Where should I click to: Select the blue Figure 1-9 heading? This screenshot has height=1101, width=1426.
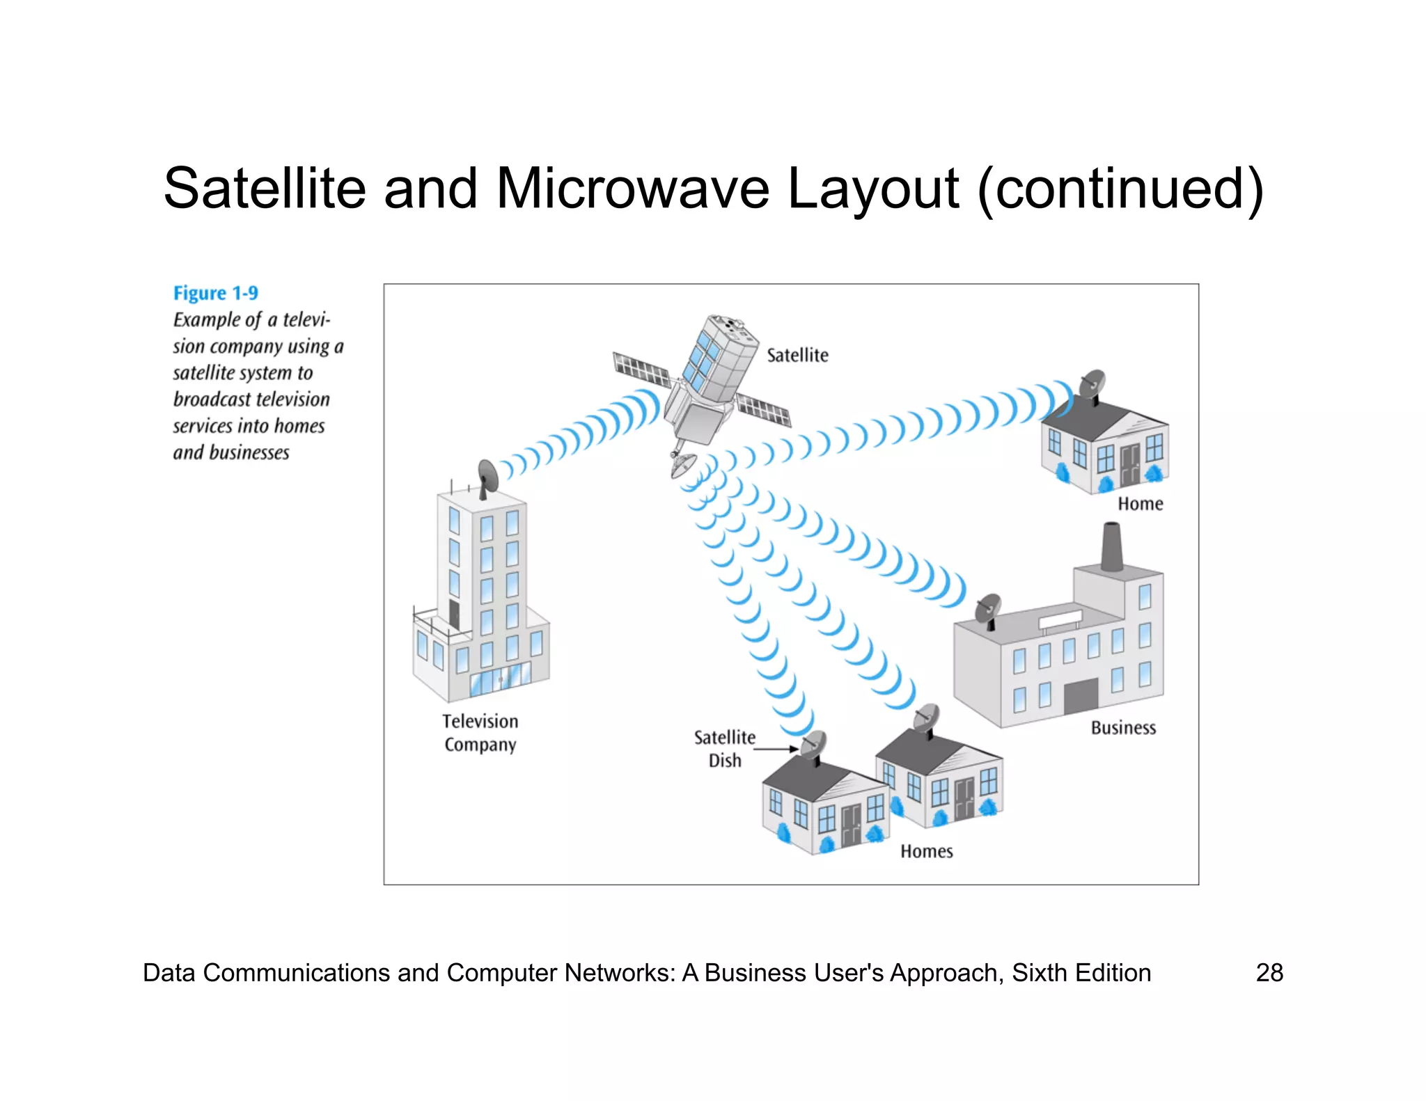coord(215,293)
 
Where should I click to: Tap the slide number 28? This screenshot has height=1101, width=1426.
coord(1269,972)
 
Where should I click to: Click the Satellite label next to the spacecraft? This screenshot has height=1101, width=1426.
coord(797,356)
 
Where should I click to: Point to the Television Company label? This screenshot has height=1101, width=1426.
coord(480,733)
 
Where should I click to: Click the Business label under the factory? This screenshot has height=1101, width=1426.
coord(1123,728)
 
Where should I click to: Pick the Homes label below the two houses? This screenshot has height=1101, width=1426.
coord(926,851)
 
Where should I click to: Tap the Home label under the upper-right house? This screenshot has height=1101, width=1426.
coord(1140,504)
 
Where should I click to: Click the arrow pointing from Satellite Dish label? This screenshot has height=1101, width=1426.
coord(776,749)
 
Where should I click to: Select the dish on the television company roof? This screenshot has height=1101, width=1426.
coord(488,476)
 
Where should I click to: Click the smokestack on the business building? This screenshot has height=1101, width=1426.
coord(1112,547)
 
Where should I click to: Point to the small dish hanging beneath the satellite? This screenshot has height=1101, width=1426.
coord(683,465)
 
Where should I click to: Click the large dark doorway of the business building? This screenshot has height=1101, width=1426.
coord(1081,696)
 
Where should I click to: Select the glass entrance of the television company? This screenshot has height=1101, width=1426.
coord(500,679)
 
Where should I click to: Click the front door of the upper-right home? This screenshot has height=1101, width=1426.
coord(1129,464)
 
